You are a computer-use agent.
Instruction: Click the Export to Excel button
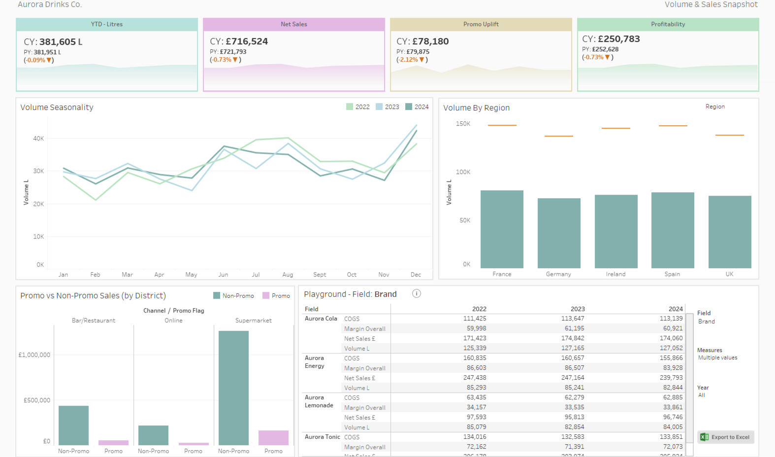point(725,437)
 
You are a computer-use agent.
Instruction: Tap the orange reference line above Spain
point(673,126)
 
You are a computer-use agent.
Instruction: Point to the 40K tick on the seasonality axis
point(38,139)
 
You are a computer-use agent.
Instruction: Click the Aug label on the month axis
point(288,275)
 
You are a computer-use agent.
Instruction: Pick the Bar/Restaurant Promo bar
point(113,442)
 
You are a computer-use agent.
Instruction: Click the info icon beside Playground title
point(416,294)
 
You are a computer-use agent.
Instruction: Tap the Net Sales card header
point(294,24)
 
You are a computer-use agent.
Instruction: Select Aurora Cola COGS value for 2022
point(475,318)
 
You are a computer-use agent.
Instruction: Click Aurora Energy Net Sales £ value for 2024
point(671,378)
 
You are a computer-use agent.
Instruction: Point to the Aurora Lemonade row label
point(319,401)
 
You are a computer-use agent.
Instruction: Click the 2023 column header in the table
point(578,309)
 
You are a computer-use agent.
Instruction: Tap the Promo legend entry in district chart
point(276,296)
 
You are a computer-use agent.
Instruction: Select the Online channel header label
point(173,320)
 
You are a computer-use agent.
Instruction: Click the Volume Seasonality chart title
point(57,107)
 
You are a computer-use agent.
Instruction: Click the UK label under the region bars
point(729,274)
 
